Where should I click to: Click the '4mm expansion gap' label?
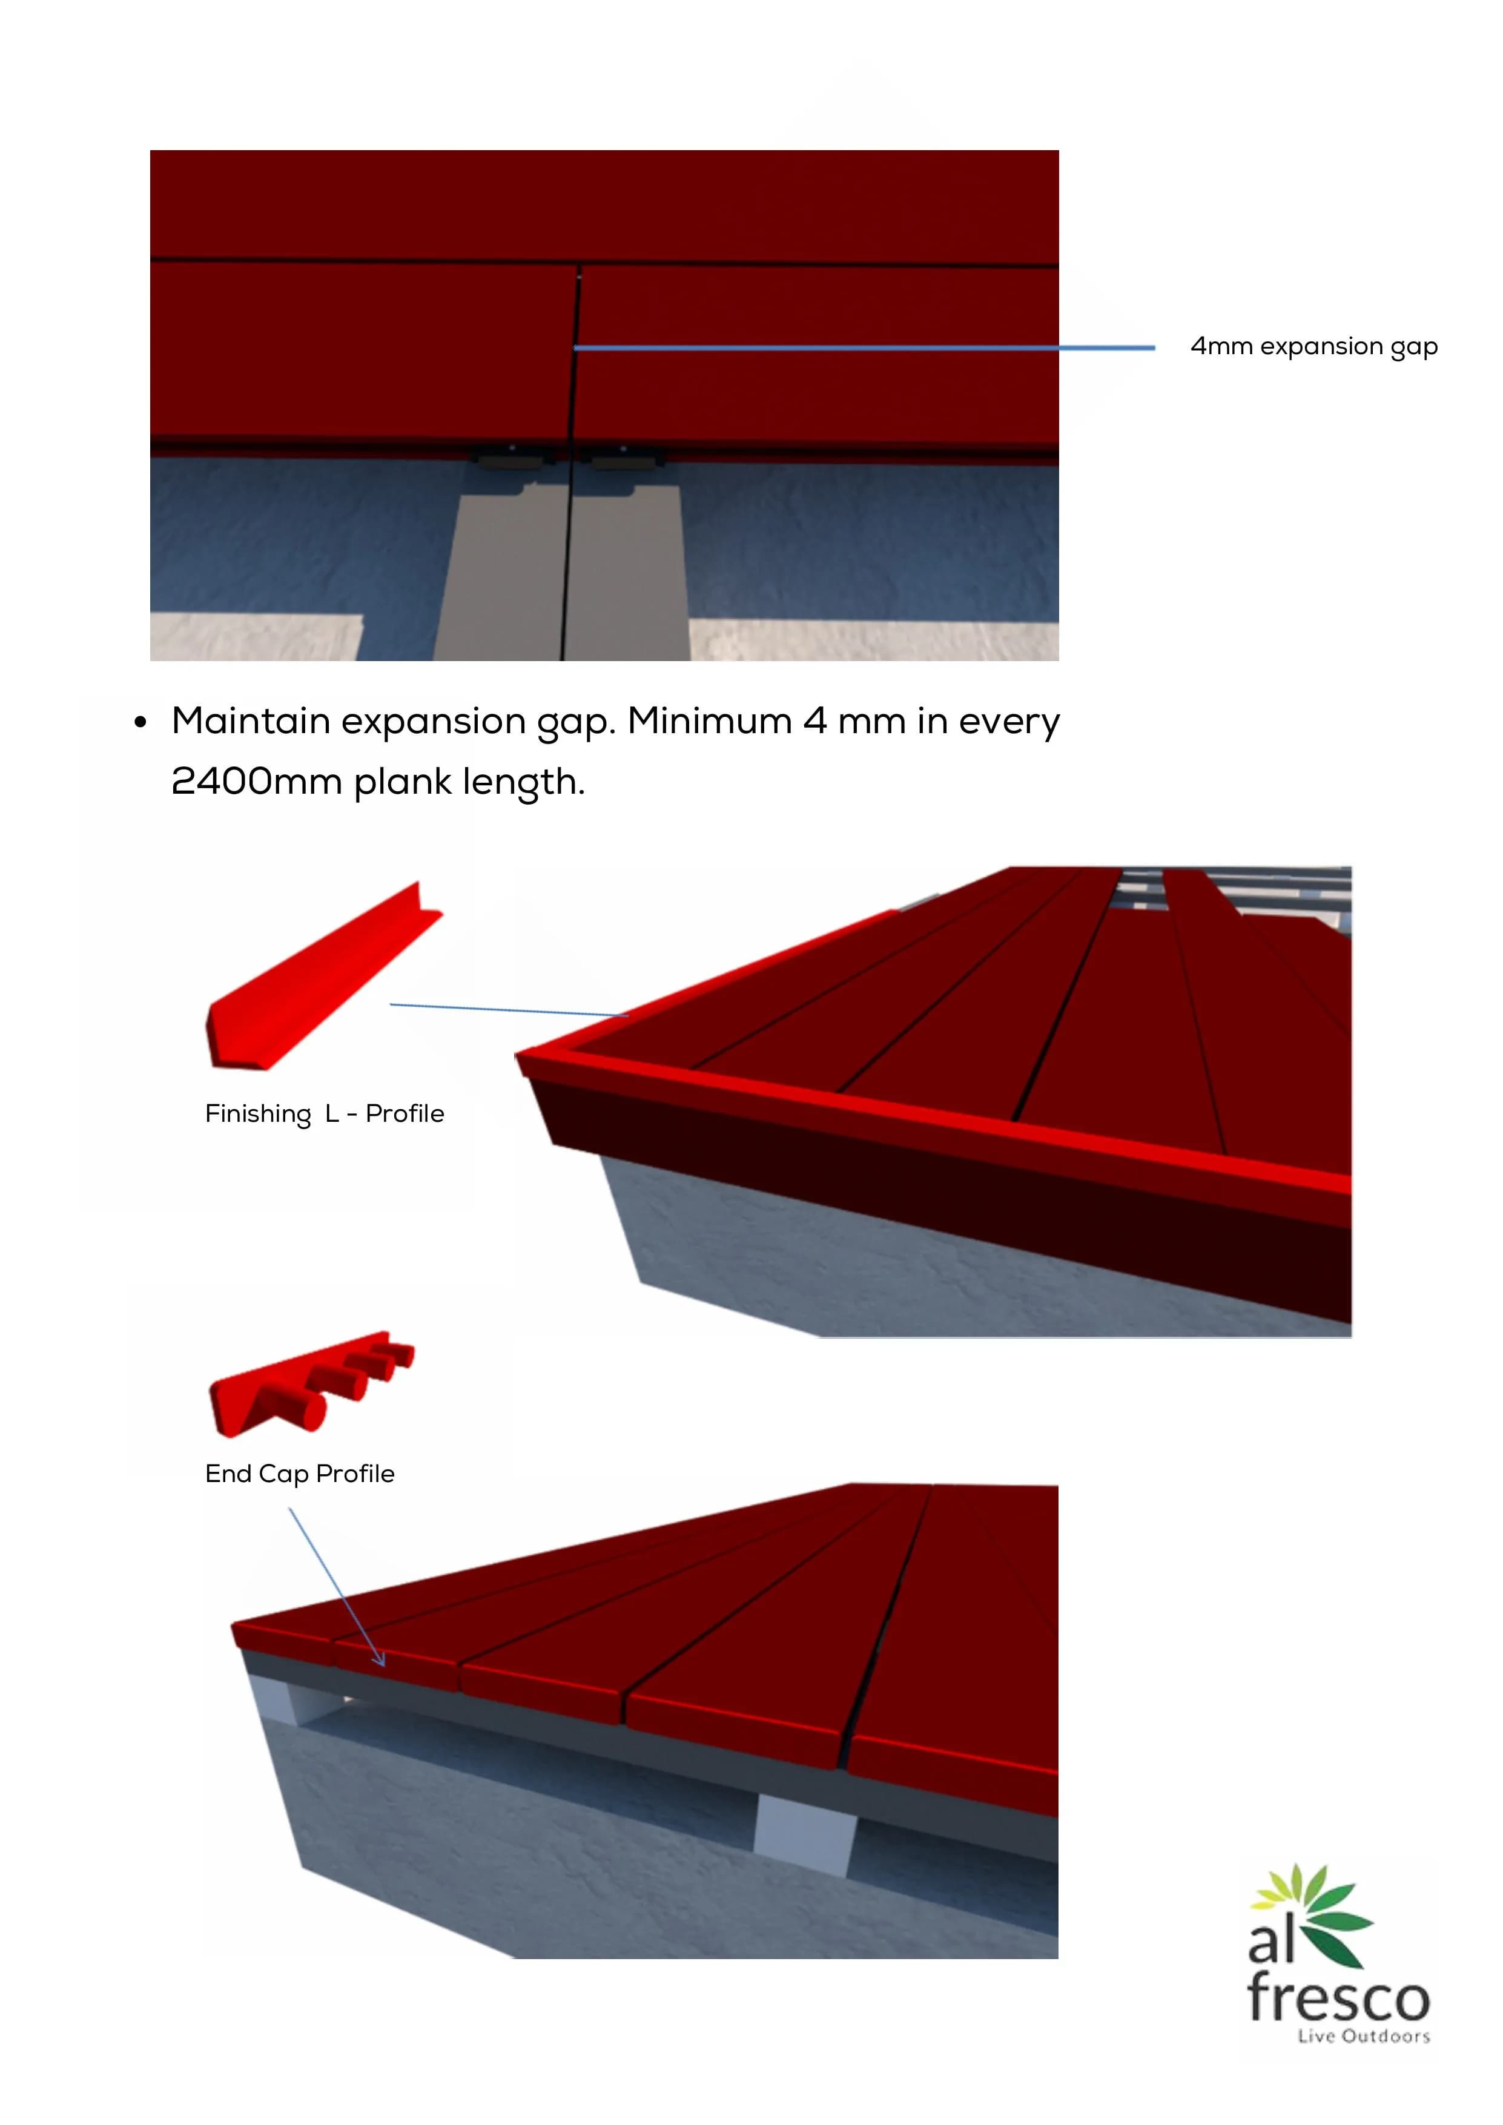coord(1313,346)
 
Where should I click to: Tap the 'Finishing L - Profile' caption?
coord(325,1113)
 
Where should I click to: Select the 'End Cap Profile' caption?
coord(300,1474)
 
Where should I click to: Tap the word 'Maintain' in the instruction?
coord(251,721)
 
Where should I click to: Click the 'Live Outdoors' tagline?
coord(1364,2036)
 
